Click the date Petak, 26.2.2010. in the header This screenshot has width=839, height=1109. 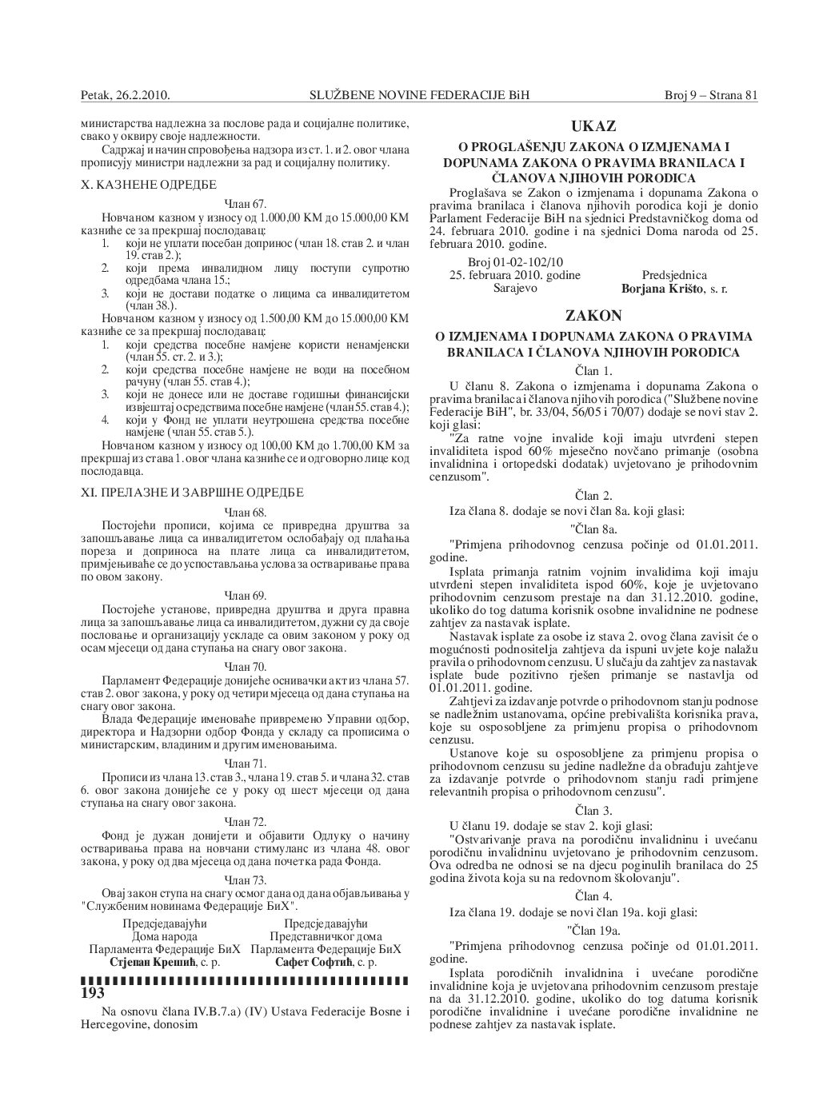[126, 95]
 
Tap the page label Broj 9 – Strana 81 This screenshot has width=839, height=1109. [711, 95]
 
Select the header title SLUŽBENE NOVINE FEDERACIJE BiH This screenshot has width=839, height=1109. [419, 95]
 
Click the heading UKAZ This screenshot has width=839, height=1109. [593, 126]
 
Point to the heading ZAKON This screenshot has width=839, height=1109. [593, 316]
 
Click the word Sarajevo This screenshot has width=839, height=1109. [513, 288]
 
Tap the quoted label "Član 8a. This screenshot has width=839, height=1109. [593, 529]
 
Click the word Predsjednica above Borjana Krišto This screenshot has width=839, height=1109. [674, 275]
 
